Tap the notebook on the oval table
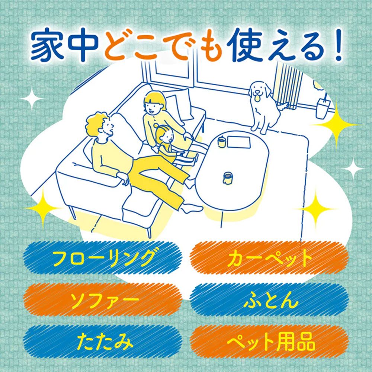[x=239, y=142]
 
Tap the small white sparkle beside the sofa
[x=32, y=99]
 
